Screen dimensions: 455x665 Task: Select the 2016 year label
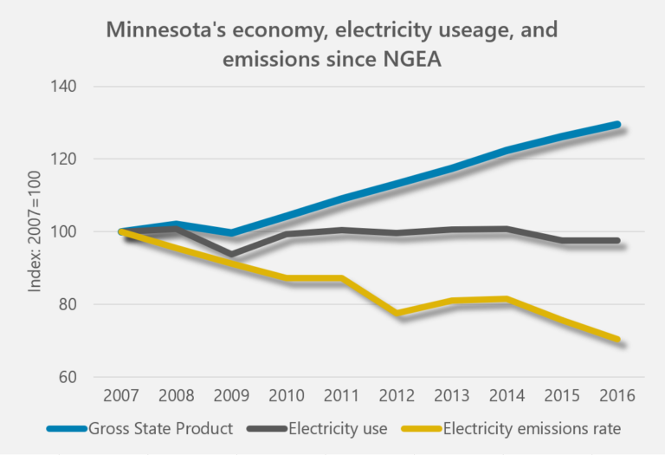pyautogui.click(x=616, y=395)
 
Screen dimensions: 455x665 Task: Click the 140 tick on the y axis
pyautogui.click(x=65, y=87)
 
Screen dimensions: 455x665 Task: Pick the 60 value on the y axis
pyautogui.click(x=69, y=378)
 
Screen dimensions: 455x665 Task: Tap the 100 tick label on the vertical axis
pyautogui.click(x=65, y=232)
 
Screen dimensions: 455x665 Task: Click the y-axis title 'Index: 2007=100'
pyautogui.click(x=36, y=231)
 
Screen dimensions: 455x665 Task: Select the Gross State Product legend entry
pyautogui.click(x=160, y=427)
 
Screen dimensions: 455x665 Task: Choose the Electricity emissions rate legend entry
pyautogui.click(x=532, y=427)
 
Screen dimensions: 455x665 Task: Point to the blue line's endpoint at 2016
pyautogui.click(x=617, y=125)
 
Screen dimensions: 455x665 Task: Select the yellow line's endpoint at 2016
pyautogui.click(x=617, y=340)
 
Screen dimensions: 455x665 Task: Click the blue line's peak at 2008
pyautogui.click(x=176, y=224)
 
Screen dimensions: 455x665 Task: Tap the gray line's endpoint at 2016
pyautogui.click(x=617, y=241)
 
